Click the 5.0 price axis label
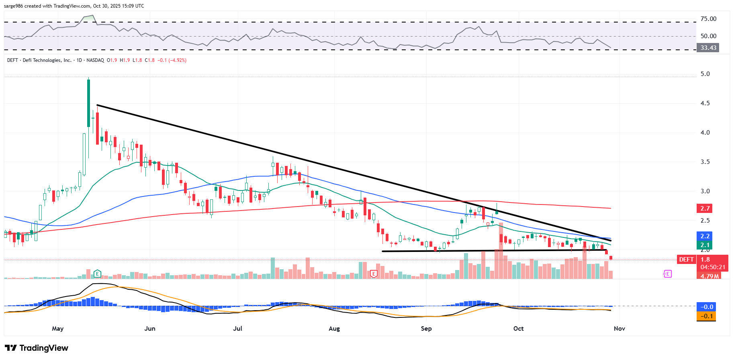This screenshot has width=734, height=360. click(x=705, y=74)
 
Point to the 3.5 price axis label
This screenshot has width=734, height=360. click(x=705, y=162)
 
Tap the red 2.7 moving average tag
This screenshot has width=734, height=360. click(x=705, y=208)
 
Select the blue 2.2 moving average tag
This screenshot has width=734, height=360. click(x=705, y=236)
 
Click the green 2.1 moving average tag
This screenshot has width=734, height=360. click(x=705, y=245)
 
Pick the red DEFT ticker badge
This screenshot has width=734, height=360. click(x=686, y=260)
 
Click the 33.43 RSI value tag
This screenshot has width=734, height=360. click(x=708, y=48)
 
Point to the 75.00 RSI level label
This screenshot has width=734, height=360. click(x=708, y=19)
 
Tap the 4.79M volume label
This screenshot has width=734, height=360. click(x=709, y=276)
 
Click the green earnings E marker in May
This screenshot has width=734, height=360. click(x=97, y=274)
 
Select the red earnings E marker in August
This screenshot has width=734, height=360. click(x=374, y=274)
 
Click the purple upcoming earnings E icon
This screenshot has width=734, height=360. click(x=667, y=274)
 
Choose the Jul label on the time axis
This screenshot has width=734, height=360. click(x=238, y=329)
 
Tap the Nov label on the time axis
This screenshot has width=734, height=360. click(x=620, y=329)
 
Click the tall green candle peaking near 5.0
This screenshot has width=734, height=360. click(x=88, y=103)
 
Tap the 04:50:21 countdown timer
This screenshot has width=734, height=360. click(x=713, y=267)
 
